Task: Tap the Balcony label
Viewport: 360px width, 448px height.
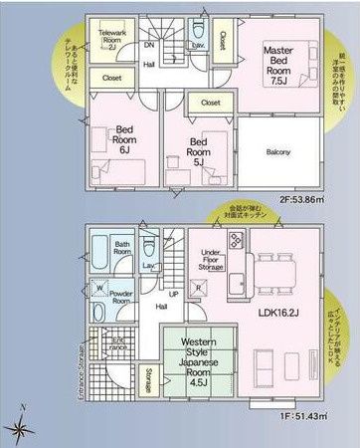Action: pyautogui.click(x=277, y=151)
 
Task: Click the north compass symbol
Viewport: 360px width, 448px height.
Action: pyautogui.click(x=21, y=427)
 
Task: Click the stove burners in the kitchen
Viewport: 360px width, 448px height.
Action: pyautogui.click(x=237, y=240)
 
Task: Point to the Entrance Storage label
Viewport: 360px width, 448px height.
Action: pyautogui.click(x=78, y=366)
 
